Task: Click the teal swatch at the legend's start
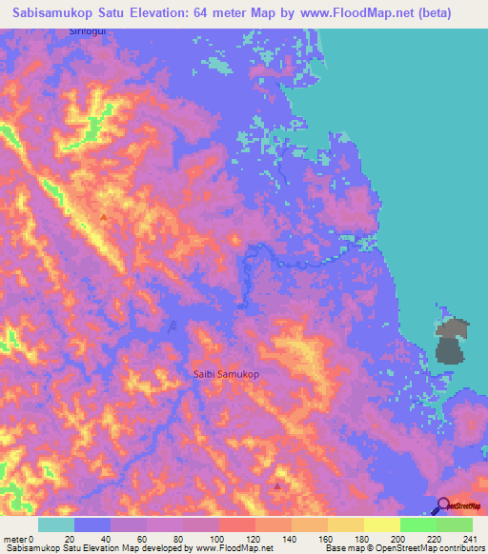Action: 56,524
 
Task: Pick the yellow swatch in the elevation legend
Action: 381,524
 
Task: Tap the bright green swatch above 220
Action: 417,524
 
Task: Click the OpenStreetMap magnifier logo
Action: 443,506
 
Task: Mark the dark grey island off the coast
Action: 451,343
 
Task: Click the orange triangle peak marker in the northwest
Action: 103,217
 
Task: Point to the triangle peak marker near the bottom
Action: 277,485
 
